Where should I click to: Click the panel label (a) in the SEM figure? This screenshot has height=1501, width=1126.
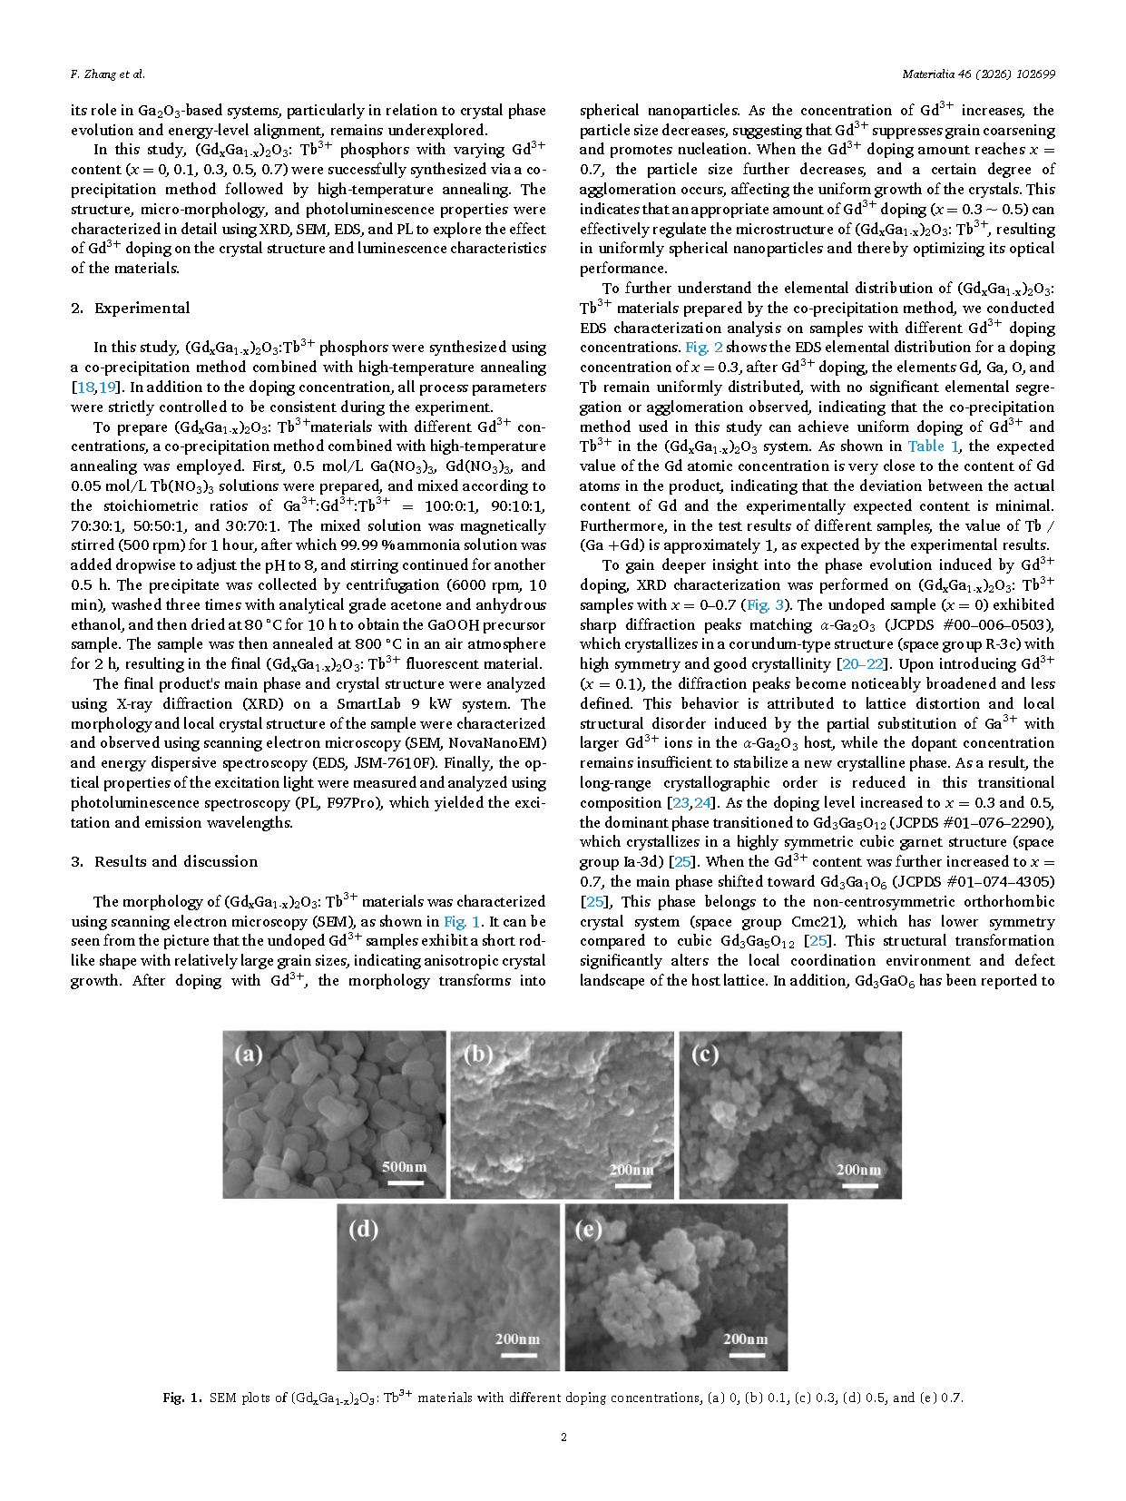coord(249,1055)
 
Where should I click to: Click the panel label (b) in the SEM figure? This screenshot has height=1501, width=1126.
coord(477,1055)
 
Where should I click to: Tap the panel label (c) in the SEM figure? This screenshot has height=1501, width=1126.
coord(705,1055)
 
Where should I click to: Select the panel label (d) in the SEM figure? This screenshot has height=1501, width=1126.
coord(363,1229)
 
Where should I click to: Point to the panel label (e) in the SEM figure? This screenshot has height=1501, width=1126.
coord(589,1229)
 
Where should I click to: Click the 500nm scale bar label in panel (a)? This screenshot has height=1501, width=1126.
coord(404,1167)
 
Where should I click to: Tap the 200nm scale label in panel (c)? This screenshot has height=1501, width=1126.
coord(857,1170)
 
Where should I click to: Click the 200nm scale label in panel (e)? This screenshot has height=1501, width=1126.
coord(745,1339)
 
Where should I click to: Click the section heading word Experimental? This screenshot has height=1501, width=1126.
coord(142,308)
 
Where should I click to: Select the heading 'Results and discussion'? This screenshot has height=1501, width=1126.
coord(176,861)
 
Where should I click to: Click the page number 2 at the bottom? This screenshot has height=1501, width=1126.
coord(563,1437)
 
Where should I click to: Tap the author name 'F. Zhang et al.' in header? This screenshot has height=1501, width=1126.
coord(107,74)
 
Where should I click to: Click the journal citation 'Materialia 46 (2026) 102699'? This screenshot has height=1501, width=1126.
coord(978,74)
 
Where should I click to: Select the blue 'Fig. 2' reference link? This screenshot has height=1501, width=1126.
coord(703,348)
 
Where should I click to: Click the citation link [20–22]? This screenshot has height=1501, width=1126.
coord(862,664)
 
